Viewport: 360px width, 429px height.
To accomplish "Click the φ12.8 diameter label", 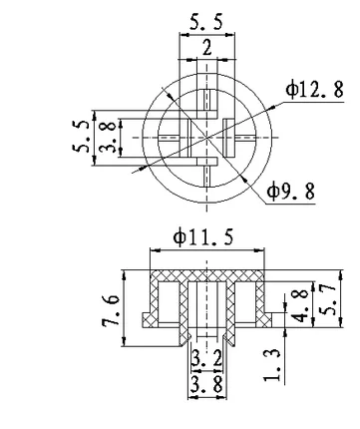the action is [314, 90].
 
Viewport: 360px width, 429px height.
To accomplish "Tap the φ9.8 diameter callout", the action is [291, 192].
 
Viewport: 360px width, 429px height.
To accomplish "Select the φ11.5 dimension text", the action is [203, 236].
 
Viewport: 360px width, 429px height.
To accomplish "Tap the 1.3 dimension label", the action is [272, 365].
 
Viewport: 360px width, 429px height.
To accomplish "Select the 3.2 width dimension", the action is [206, 359].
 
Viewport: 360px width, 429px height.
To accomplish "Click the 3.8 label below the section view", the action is [206, 386].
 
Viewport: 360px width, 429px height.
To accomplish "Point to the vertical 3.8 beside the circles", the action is [109, 137].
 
